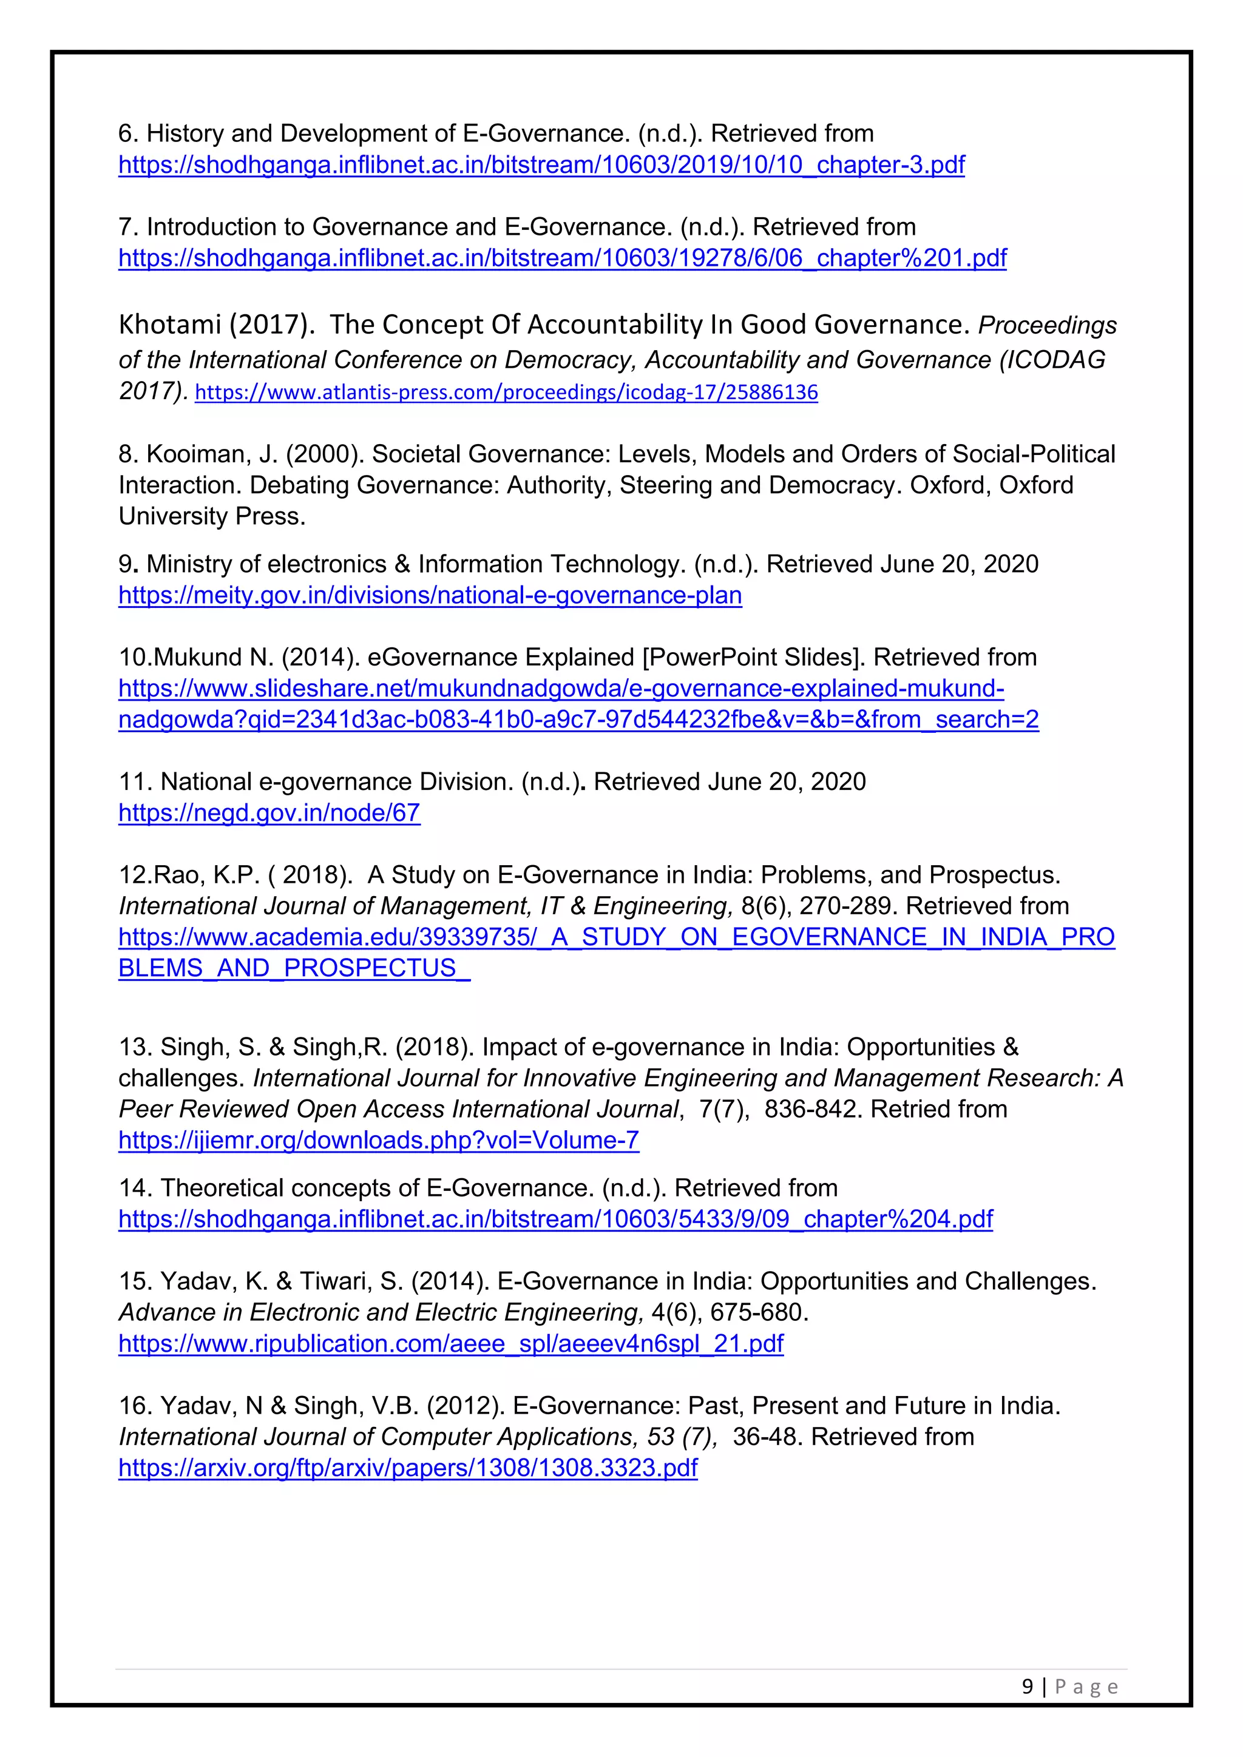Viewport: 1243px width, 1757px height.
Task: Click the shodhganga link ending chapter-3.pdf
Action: [541, 165]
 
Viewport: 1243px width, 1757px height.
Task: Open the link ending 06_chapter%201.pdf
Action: [562, 258]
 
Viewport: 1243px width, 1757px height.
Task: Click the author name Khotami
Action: [169, 325]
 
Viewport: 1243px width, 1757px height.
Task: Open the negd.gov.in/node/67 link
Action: [269, 814]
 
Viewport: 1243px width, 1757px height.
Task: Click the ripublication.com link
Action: [451, 1344]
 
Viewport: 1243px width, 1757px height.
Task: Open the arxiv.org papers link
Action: [407, 1468]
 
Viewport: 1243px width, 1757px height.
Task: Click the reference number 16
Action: [132, 1406]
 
